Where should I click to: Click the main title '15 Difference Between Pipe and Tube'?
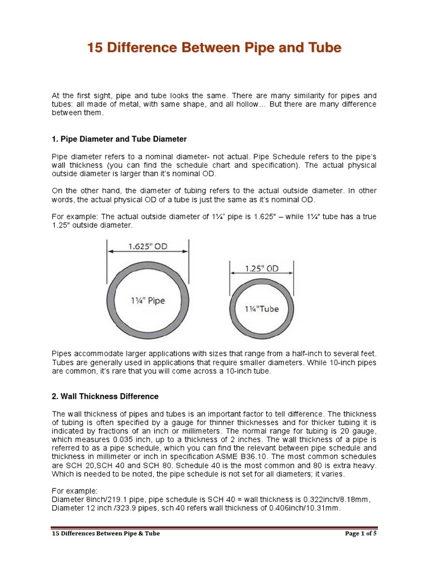tap(213, 49)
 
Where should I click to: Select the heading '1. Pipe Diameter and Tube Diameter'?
tap(119, 138)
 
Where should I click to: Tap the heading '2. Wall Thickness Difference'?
tap(105, 396)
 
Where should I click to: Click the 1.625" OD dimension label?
tap(148, 245)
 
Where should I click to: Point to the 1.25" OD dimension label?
tap(262, 268)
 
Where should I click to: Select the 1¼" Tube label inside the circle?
tap(262, 308)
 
